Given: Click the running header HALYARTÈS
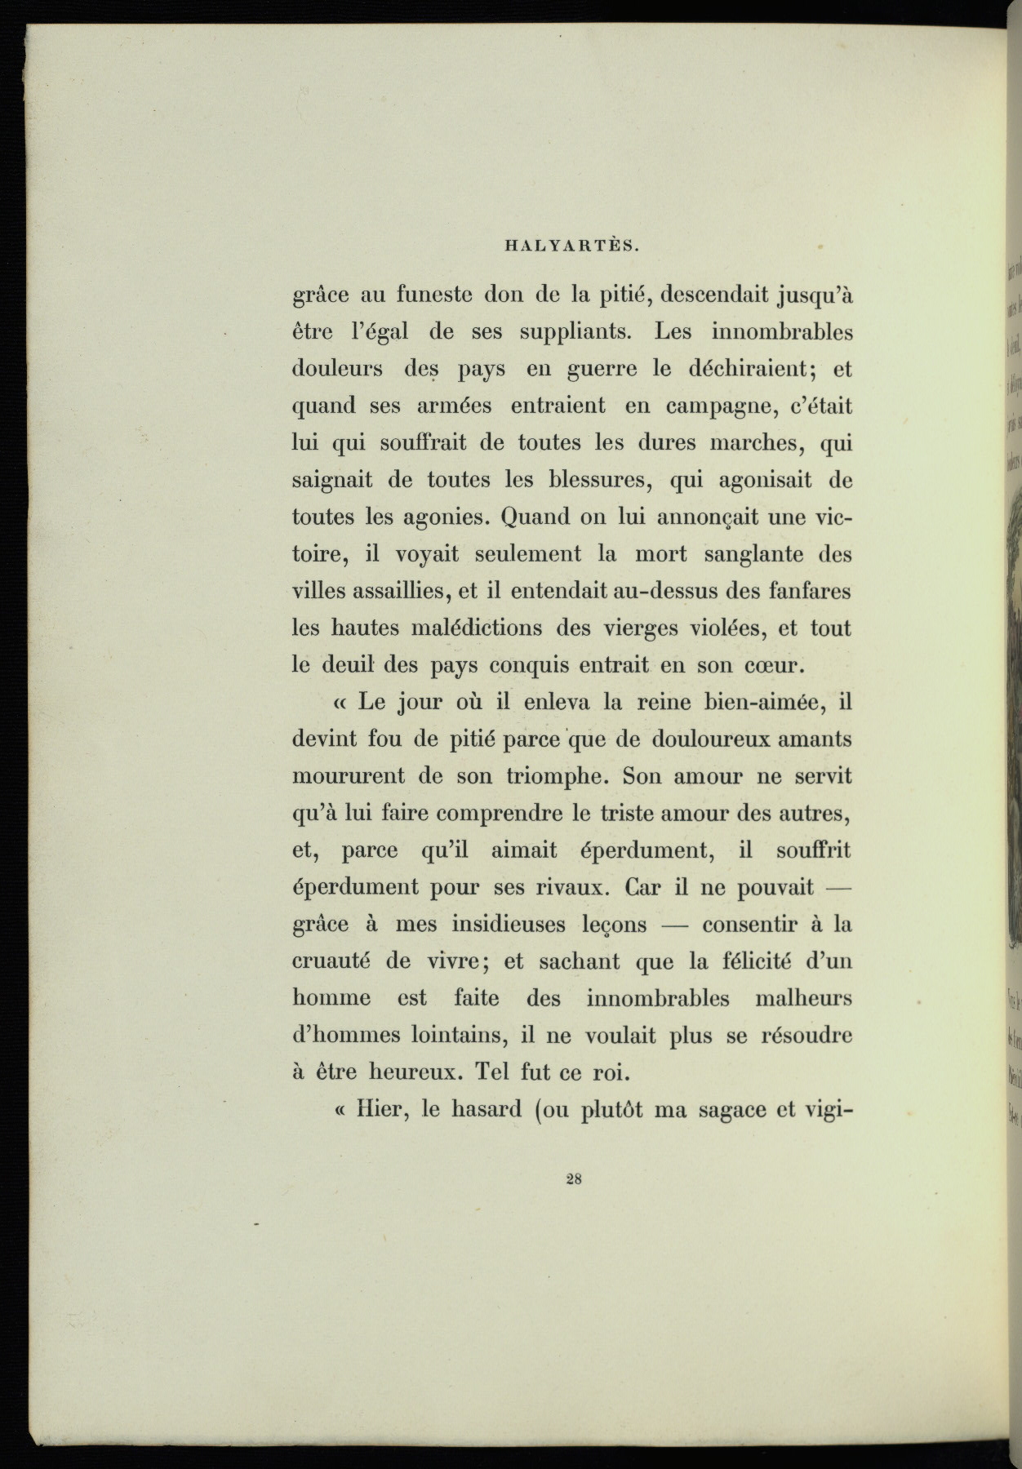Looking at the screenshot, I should coord(571,243).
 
